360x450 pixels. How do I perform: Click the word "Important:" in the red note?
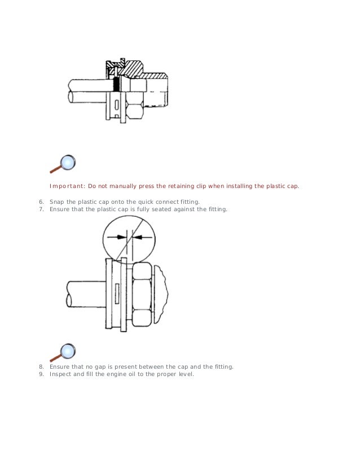[66, 186]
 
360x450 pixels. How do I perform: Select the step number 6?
[41, 202]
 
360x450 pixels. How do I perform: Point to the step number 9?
[41, 374]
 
